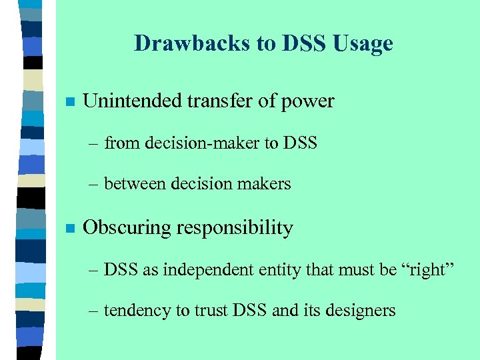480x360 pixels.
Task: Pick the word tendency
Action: [133, 311]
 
